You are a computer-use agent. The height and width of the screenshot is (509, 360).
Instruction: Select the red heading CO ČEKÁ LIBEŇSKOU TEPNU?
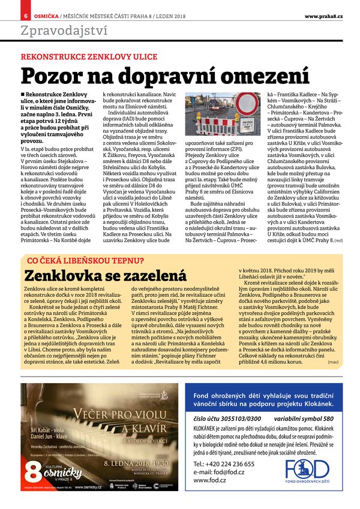[83, 260]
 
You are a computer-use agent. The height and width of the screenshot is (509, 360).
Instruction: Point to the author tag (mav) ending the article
[333, 362]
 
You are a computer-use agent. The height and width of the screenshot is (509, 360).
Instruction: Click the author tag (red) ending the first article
[338, 240]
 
